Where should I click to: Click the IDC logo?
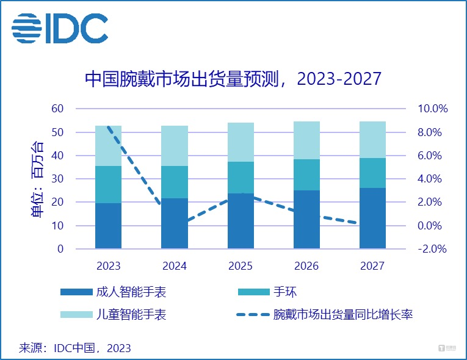[60, 28]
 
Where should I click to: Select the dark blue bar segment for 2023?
[108, 226]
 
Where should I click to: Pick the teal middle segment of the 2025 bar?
[241, 178]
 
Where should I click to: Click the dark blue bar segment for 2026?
[306, 220]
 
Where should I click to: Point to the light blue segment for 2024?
[175, 145]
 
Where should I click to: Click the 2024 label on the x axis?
[175, 266]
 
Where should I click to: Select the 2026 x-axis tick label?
[306, 266]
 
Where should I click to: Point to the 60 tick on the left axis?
[57, 109]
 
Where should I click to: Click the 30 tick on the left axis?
[57, 179]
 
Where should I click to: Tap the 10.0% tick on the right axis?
[432, 109]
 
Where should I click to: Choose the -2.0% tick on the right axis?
[432, 249]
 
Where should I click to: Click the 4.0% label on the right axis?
[432, 179]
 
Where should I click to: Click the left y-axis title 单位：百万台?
[37, 179]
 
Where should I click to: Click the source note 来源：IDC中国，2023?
[75, 348]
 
